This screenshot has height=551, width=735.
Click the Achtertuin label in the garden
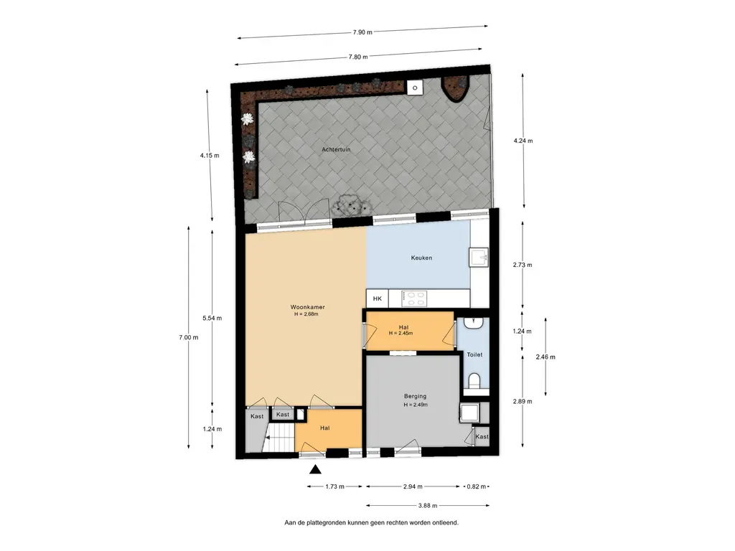(x=336, y=149)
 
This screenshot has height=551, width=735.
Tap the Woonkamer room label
(x=307, y=307)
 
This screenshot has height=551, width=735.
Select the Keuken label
(x=421, y=258)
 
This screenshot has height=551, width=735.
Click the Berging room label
(x=416, y=396)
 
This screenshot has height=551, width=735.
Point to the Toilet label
(x=474, y=354)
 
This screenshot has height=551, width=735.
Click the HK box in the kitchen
(x=378, y=298)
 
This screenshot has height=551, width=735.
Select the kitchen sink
(x=479, y=258)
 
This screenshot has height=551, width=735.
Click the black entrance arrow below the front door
(x=316, y=469)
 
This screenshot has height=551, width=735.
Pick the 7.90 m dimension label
(x=362, y=32)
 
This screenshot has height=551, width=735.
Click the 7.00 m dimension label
(x=189, y=337)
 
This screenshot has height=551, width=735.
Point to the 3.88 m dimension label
(x=428, y=506)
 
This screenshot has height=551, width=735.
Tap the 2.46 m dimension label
(x=546, y=357)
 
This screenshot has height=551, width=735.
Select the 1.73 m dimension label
(x=334, y=486)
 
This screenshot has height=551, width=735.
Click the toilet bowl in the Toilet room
(x=474, y=380)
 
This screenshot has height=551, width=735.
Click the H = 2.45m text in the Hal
(x=401, y=334)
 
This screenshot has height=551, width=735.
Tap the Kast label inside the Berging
(x=482, y=437)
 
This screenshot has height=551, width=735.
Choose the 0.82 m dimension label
(x=477, y=486)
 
